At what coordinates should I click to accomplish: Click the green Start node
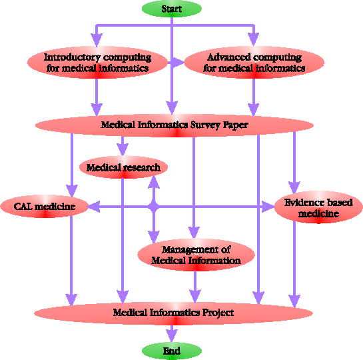pos(172,9)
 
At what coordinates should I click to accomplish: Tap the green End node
pos(172,351)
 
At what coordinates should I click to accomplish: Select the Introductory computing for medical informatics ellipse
pos(97,62)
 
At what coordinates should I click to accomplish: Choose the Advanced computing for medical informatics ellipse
pos(254,62)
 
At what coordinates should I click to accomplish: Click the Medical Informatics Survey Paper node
pos(175,125)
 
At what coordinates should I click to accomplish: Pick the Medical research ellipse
pos(123,167)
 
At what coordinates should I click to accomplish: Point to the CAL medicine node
pos(45,207)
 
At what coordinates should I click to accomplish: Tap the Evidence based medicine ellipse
pos(318,207)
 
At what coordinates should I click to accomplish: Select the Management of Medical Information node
pos(196,255)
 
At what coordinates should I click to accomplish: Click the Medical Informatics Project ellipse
pos(173,313)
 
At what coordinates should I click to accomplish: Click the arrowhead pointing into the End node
pos(172,336)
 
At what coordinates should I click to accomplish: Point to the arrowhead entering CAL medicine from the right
pos(94,207)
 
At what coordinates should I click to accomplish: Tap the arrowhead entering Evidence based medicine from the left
pos(268,207)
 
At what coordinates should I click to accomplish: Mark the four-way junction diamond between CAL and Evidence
pos(153,207)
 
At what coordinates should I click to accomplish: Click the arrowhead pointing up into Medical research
pos(153,182)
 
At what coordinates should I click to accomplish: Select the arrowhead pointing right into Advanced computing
pos(178,62)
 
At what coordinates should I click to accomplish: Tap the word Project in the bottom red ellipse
pos(218,313)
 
